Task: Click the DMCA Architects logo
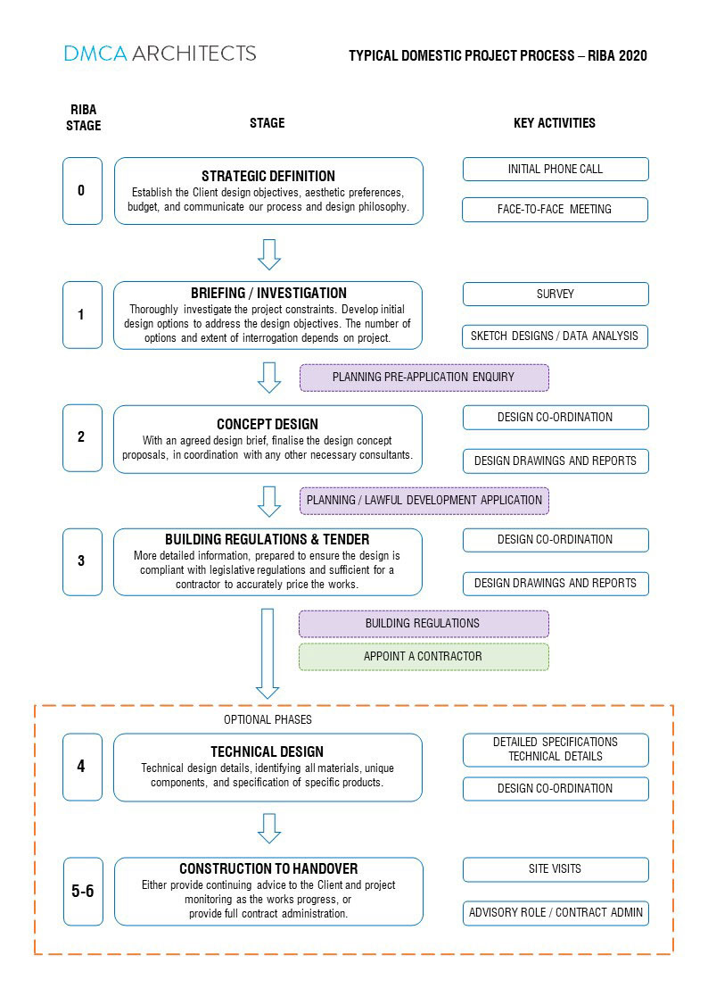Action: point(160,53)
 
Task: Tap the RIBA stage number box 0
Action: point(82,191)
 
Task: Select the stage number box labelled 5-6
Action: point(83,892)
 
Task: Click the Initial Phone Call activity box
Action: point(556,169)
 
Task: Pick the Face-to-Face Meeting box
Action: point(555,209)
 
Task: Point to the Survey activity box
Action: point(556,294)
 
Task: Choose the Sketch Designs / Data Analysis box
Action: point(555,336)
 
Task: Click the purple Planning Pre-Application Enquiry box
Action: point(424,378)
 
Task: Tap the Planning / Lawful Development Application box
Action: point(424,501)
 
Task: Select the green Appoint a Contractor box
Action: point(424,657)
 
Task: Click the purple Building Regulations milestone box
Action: point(424,623)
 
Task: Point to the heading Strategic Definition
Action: point(268,176)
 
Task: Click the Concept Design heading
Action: point(268,424)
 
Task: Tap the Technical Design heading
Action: point(267,751)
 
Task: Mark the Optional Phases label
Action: point(268,719)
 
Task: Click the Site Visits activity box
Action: point(556,869)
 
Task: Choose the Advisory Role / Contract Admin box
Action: point(556,913)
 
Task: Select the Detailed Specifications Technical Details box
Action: point(556,750)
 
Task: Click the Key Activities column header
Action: point(555,123)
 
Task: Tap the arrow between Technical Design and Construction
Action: point(269,828)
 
